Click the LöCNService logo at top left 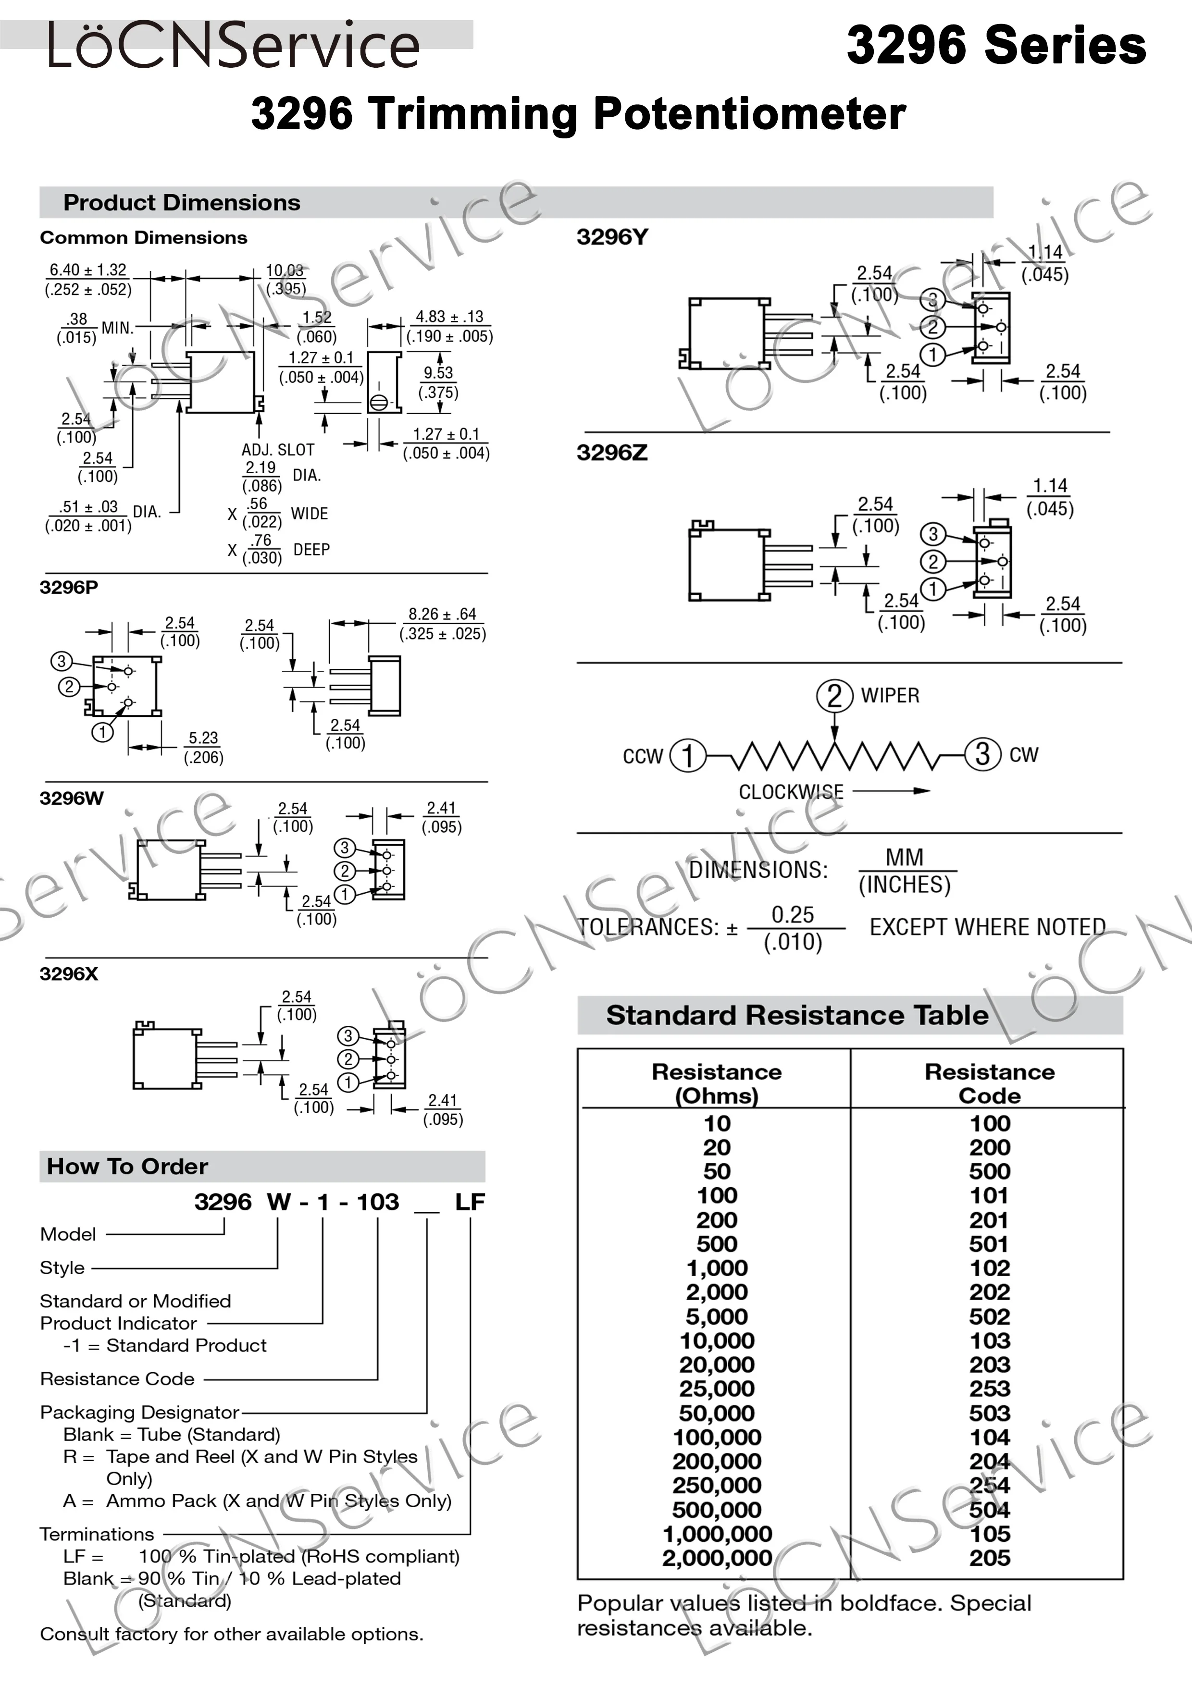coord(234,46)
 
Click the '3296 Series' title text coord(995,46)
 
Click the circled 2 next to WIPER coord(834,695)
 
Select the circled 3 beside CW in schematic coord(982,754)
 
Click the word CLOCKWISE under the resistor coord(791,792)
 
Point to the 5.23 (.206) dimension coord(203,747)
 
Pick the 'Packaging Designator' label coord(139,1412)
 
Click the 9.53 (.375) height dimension coord(438,382)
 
